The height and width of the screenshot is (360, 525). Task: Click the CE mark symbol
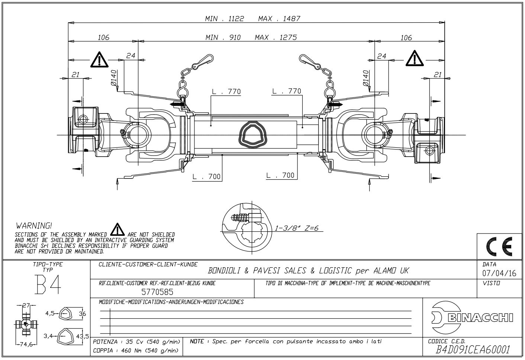pyautogui.click(x=499, y=247)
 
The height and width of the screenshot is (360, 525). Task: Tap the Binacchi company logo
pyautogui.click(x=472, y=318)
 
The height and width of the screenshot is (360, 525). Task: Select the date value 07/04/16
pyautogui.click(x=499, y=273)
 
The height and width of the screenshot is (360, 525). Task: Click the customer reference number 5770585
pyautogui.click(x=157, y=292)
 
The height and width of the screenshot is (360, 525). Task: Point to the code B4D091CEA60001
pyautogui.click(x=473, y=350)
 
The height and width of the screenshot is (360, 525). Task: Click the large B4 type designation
pyautogui.click(x=48, y=285)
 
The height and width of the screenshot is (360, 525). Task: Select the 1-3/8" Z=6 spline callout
pyautogui.click(x=296, y=228)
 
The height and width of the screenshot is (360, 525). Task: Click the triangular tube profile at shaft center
pyautogui.click(x=253, y=135)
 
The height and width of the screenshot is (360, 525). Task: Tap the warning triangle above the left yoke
pyautogui.click(x=99, y=60)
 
